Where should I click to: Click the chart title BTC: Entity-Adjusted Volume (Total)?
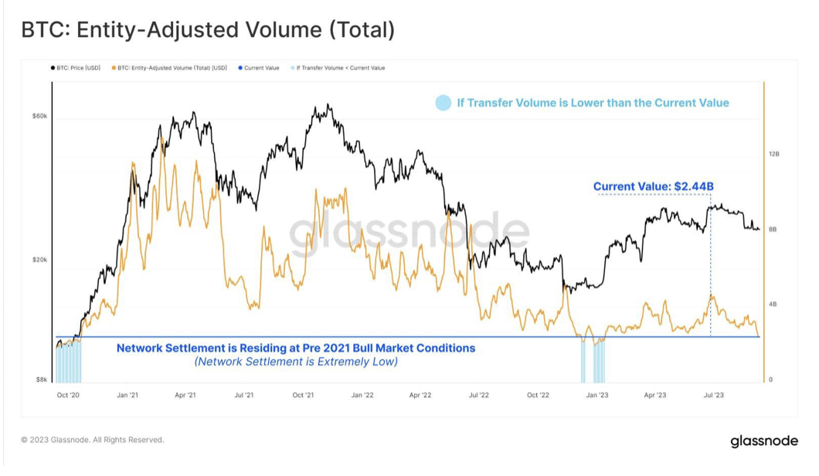point(208,30)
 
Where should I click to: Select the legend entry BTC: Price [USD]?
point(78,68)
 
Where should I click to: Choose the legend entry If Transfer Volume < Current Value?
point(340,68)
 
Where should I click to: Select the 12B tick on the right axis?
point(774,155)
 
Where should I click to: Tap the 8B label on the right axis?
point(773,229)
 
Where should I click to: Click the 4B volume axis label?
point(773,304)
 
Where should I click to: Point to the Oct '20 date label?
point(69,395)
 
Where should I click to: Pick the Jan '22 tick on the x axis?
point(362,395)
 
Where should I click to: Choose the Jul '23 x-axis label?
point(715,395)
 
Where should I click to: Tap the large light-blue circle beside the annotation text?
point(443,103)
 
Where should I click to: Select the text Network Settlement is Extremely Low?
point(296,362)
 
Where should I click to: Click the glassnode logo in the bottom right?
point(764,441)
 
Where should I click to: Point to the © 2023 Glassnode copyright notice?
point(92,440)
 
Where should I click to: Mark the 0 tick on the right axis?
point(770,379)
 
